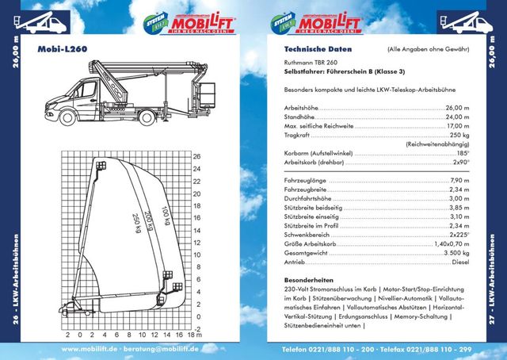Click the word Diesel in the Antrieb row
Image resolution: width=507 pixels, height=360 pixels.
(x=460, y=262)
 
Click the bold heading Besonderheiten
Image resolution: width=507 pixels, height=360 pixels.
(x=309, y=280)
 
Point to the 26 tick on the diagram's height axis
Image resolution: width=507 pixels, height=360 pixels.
(x=196, y=155)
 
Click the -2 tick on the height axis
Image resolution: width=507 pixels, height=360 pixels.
(x=196, y=327)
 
